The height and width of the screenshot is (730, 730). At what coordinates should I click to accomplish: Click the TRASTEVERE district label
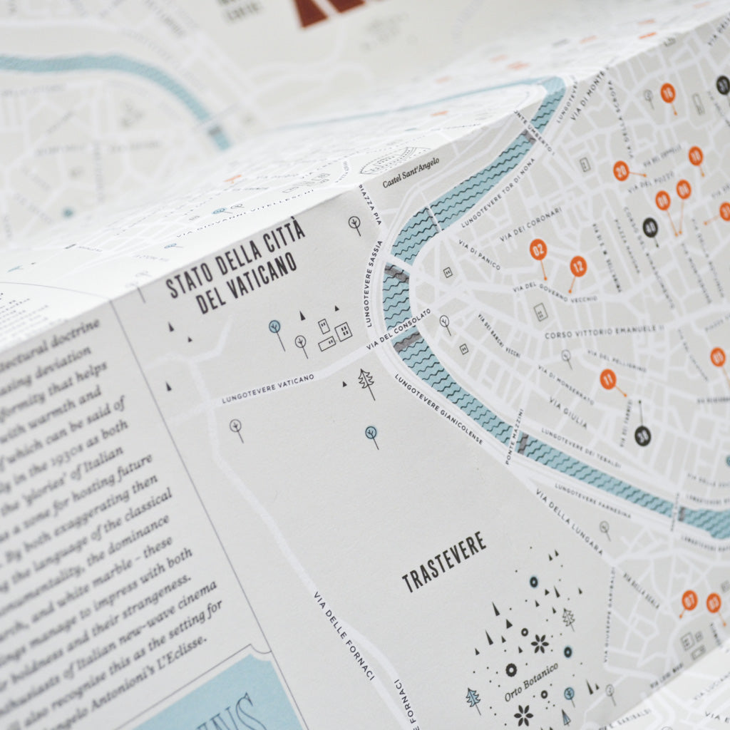[443, 562]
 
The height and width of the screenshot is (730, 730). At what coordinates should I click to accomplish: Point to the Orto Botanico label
[531, 681]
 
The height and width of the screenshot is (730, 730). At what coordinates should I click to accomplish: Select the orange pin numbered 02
[538, 250]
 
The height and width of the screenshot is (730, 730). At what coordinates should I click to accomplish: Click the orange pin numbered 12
[578, 267]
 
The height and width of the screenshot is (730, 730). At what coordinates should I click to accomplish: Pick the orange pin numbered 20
[621, 170]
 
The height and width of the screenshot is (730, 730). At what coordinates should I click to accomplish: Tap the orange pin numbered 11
[607, 379]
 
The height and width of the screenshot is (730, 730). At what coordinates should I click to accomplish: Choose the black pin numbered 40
[650, 227]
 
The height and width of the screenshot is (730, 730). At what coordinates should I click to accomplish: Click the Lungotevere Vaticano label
[267, 389]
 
